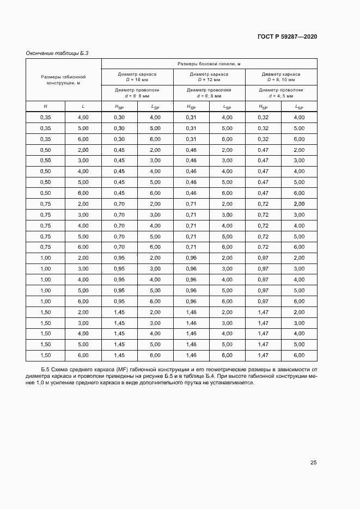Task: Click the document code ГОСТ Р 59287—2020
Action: (287, 36)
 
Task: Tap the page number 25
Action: (313, 463)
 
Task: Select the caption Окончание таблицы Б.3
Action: (57, 53)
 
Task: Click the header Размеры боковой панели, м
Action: (209, 64)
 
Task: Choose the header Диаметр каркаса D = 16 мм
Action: (137, 76)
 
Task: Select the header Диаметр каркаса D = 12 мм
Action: (209, 76)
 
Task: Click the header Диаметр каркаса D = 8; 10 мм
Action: (281, 76)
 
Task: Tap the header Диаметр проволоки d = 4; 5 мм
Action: (281, 93)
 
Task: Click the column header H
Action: (45, 107)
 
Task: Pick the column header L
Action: (83, 107)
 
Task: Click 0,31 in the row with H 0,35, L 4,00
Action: (191, 118)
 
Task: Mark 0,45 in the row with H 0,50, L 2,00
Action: (119, 150)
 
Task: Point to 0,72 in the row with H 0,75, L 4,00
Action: (263, 225)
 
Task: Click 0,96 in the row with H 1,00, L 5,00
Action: (191, 290)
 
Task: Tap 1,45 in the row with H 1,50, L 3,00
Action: (119, 323)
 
